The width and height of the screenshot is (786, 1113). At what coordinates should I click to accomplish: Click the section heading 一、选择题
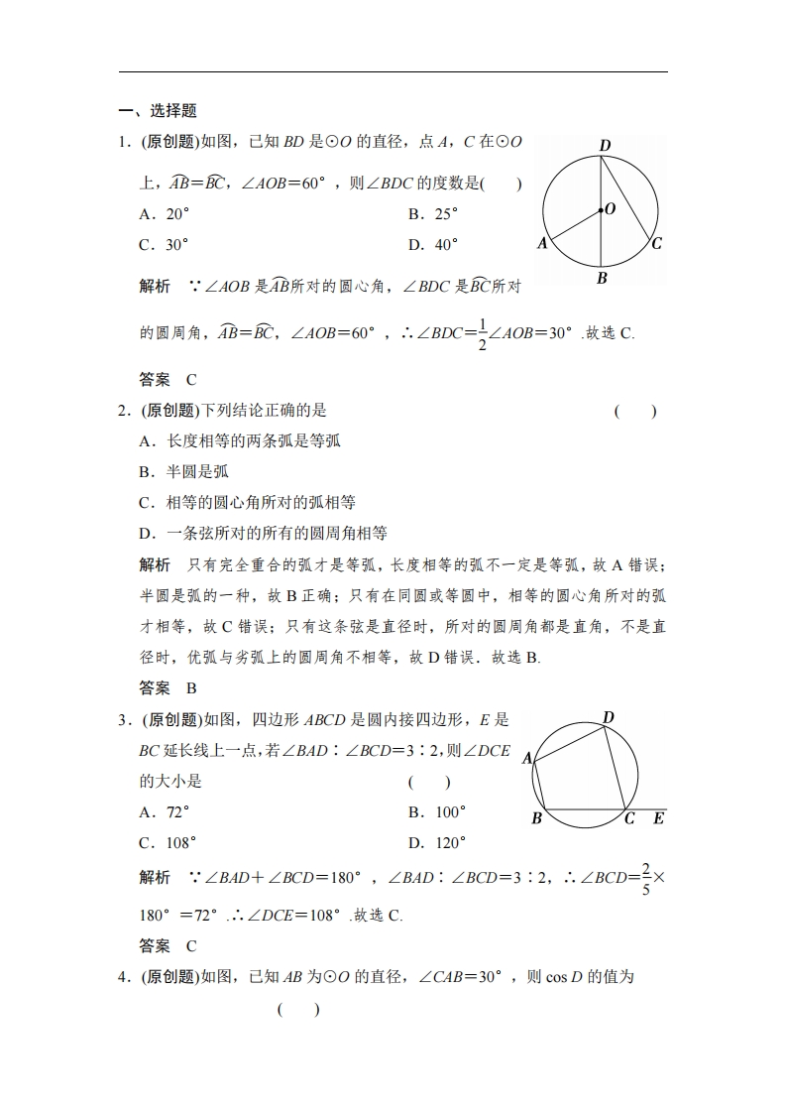click(x=158, y=111)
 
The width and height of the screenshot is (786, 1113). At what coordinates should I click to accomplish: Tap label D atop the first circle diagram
click(x=605, y=146)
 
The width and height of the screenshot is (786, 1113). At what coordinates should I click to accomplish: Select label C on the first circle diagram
click(x=657, y=243)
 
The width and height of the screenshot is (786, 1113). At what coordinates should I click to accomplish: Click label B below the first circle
click(x=602, y=279)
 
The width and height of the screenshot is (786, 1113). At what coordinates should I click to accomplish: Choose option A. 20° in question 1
click(x=164, y=213)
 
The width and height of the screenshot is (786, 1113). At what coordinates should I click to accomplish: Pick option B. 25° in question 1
click(x=433, y=213)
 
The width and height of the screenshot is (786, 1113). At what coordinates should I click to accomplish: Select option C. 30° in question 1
click(x=164, y=244)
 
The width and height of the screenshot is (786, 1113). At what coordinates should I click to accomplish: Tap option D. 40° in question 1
click(x=433, y=244)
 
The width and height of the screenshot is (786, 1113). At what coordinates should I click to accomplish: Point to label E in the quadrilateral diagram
click(x=659, y=818)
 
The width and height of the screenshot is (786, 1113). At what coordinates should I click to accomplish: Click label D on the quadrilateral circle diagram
click(x=609, y=717)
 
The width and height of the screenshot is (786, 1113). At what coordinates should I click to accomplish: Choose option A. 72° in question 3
click(x=164, y=811)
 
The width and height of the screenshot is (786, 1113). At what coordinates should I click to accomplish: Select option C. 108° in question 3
click(x=168, y=842)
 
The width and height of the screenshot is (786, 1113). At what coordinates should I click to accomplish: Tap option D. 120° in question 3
click(x=437, y=842)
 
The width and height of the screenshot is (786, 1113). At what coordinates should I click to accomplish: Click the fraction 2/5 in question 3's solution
click(x=645, y=878)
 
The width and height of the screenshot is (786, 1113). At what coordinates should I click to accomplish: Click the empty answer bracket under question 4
click(x=298, y=1009)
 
